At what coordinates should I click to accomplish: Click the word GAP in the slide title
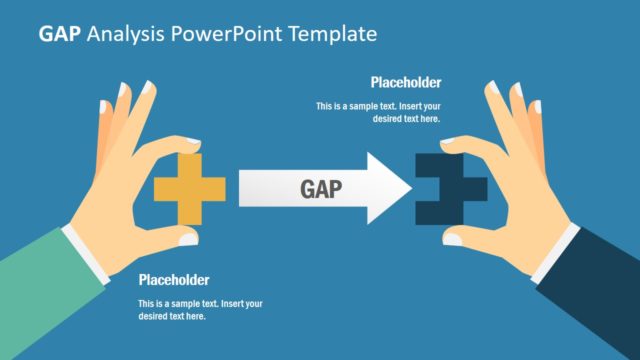[60, 34]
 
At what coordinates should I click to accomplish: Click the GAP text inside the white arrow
[321, 189]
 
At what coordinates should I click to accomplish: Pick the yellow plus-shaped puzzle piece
[186, 188]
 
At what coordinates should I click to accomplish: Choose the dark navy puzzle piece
[445, 188]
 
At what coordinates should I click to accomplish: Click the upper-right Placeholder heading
[405, 83]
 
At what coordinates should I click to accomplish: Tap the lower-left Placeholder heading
[174, 280]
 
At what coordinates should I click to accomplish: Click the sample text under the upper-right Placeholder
[378, 112]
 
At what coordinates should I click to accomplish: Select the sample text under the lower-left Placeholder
[200, 310]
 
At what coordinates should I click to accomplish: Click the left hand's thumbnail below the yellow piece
[186, 238]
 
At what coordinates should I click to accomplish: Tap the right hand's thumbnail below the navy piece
[453, 239]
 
